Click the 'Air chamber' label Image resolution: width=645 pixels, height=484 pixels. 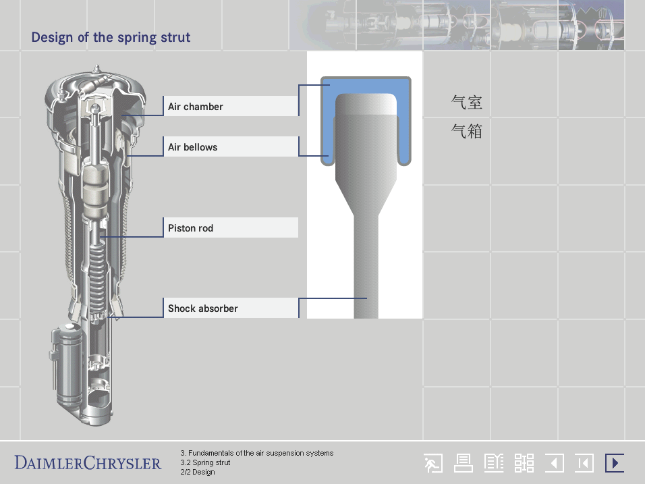[196, 107]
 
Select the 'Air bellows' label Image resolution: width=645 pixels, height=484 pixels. [192, 147]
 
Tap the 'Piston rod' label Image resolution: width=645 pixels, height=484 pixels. [190, 228]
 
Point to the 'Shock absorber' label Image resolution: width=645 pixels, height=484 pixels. [203, 308]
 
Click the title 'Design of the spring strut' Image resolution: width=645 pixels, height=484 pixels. [111, 37]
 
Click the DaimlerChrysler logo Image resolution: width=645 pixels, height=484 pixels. [88, 463]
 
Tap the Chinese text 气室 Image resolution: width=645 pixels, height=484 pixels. [466, 102]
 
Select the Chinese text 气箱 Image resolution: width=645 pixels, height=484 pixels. [466, 131]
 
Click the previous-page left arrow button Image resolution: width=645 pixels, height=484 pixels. [554, 463]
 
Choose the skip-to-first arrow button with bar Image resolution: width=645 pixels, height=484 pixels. [584, 463]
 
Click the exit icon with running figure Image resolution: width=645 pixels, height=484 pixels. [434, 463]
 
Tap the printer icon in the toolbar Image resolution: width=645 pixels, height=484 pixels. [464, 463]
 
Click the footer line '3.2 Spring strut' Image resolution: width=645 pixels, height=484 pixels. [205, 462]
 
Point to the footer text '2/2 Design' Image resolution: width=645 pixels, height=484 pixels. [198, 472]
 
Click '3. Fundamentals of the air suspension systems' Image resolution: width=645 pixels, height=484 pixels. [256, 453]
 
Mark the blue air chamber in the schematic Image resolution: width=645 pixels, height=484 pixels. [366, 86]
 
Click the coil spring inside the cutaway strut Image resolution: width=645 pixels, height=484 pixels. [97, 280]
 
